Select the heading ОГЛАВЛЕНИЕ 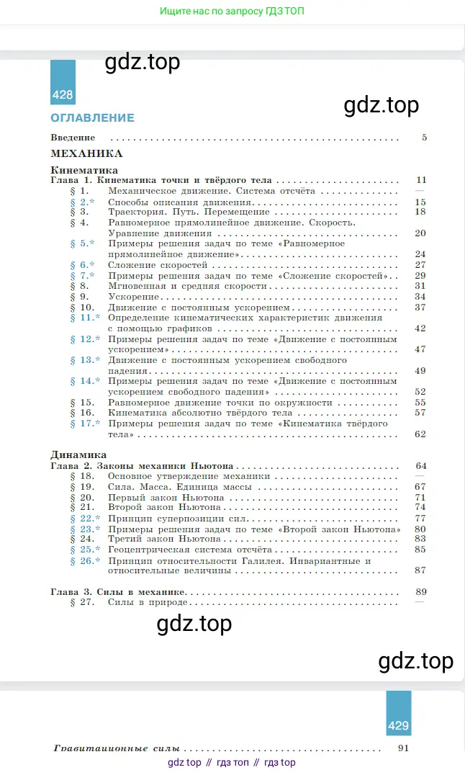point(92,117)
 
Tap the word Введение point(73,138)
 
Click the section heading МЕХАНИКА point(86,153)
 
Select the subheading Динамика point(79,455)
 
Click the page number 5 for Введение point(424,138)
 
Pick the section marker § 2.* point(82,202)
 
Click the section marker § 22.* point(85,518)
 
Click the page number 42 point(420,328)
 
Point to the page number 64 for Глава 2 point(420,466)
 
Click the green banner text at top point(232,12)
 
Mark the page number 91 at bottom point(403,748)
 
